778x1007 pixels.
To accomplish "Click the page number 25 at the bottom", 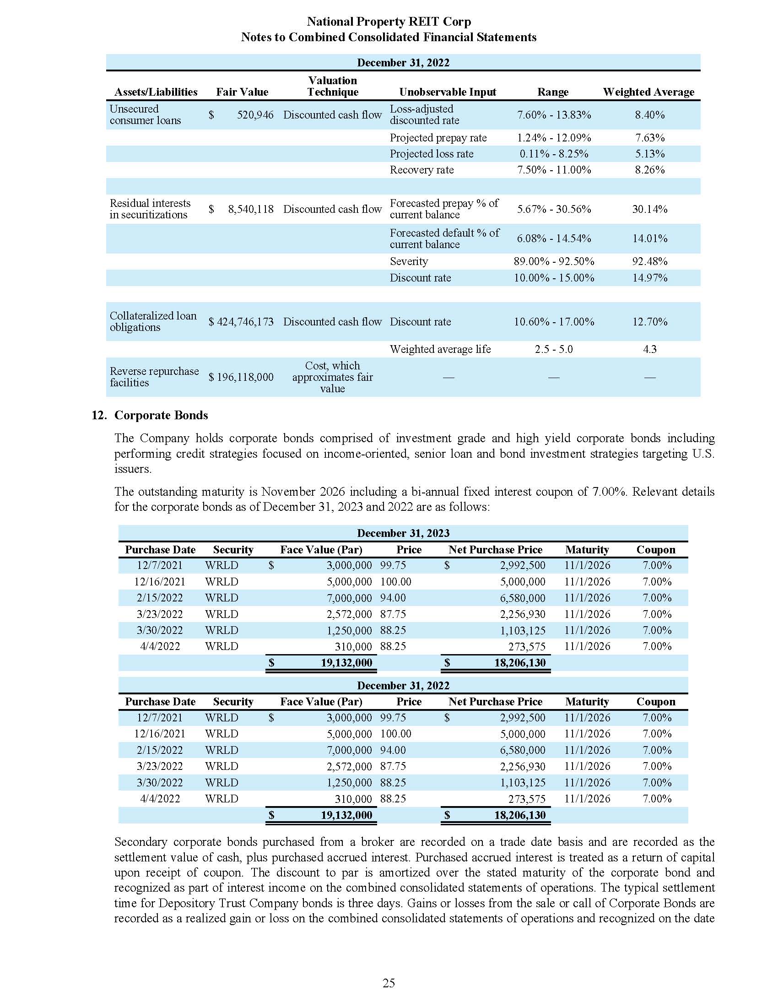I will coord(389,984).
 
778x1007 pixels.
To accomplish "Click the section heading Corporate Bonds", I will coord(161,415).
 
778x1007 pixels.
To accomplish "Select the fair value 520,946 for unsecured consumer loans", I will coord(255,115).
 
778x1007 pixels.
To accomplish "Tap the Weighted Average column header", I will coord(648,92).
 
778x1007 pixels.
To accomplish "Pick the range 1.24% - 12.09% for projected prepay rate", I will coord(554,138).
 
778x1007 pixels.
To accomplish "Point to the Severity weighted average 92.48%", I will coord(649,261).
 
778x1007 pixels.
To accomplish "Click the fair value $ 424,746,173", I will coord(241,322).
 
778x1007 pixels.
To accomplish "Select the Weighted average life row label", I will coord(440,350).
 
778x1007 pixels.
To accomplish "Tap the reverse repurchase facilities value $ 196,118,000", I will coord(241,377).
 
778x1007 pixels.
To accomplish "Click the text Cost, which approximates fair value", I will coord(332,377).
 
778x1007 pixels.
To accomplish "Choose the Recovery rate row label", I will coord(421,170).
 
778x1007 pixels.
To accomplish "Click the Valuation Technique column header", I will coord(332,86).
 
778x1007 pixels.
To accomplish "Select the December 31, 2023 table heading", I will coord(403,533).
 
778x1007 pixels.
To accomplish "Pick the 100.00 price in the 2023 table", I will coord(395,582).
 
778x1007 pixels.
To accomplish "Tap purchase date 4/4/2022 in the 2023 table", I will coord(160,646).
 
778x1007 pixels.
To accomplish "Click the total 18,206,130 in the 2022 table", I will coord(519,815).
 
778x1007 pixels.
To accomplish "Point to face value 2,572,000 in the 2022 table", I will coord(349,766).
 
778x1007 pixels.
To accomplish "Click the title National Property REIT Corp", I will coord(389,22).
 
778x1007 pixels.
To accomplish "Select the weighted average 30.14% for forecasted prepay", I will coord(649,209).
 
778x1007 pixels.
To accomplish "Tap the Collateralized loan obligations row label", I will coord(152,322).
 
